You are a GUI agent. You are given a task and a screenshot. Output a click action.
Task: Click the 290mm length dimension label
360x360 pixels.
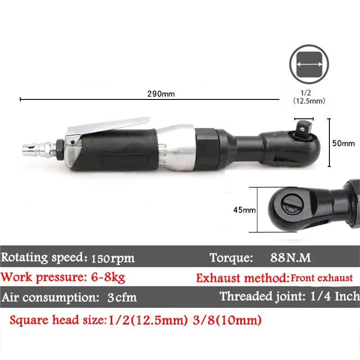(161, 94)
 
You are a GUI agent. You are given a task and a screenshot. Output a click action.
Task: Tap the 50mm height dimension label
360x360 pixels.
(343, 143)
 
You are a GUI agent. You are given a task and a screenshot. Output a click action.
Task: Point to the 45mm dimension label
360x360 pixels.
(244, 210)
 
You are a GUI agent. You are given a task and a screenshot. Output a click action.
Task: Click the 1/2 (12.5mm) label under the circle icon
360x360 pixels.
(309, 97)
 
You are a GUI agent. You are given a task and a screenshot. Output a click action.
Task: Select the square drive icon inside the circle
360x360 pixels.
(309, 64)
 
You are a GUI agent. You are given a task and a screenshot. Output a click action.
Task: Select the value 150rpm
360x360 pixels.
(113, 259)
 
